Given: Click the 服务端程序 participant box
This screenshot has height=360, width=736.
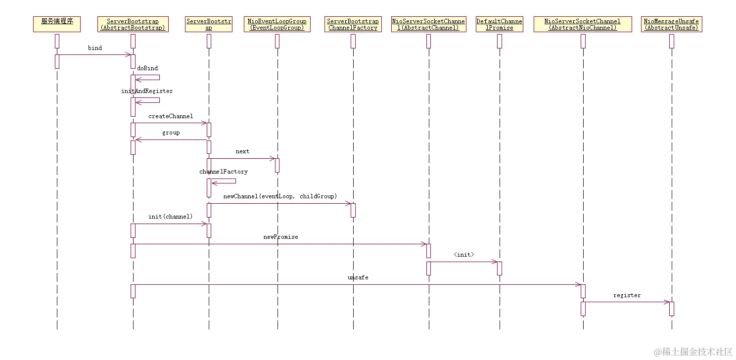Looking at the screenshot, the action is [57, 24].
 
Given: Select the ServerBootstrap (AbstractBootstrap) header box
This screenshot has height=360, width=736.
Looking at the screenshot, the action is [133, 24].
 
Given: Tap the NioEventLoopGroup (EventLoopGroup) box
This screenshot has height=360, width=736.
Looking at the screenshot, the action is [277, 24].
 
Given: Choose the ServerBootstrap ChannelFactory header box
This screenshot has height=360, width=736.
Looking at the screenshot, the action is [353, 24].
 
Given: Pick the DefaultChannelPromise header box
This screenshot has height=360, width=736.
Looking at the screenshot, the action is [500, 24].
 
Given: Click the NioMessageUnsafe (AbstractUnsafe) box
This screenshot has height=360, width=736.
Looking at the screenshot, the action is [672, 24].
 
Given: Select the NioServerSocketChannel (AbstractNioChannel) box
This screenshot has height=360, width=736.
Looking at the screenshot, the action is [583, 24].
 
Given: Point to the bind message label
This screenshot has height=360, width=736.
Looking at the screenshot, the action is [95, 48].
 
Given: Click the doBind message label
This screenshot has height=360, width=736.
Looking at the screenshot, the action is [147, 68].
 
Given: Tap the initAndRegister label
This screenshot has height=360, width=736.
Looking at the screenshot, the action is [147, 91].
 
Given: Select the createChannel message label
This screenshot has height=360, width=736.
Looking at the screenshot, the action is [171, 116].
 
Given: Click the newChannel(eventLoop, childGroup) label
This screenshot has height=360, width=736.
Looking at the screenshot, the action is [280, 196].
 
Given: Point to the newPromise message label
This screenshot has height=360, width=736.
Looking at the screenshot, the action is [280, 237].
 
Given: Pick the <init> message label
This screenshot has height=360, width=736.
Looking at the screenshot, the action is [463, 255].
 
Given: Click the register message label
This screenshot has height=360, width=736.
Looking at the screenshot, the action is [627, 295].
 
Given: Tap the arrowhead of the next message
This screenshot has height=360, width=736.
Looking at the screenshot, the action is [273, 158].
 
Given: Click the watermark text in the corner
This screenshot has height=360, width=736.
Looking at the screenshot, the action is [693, 352].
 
